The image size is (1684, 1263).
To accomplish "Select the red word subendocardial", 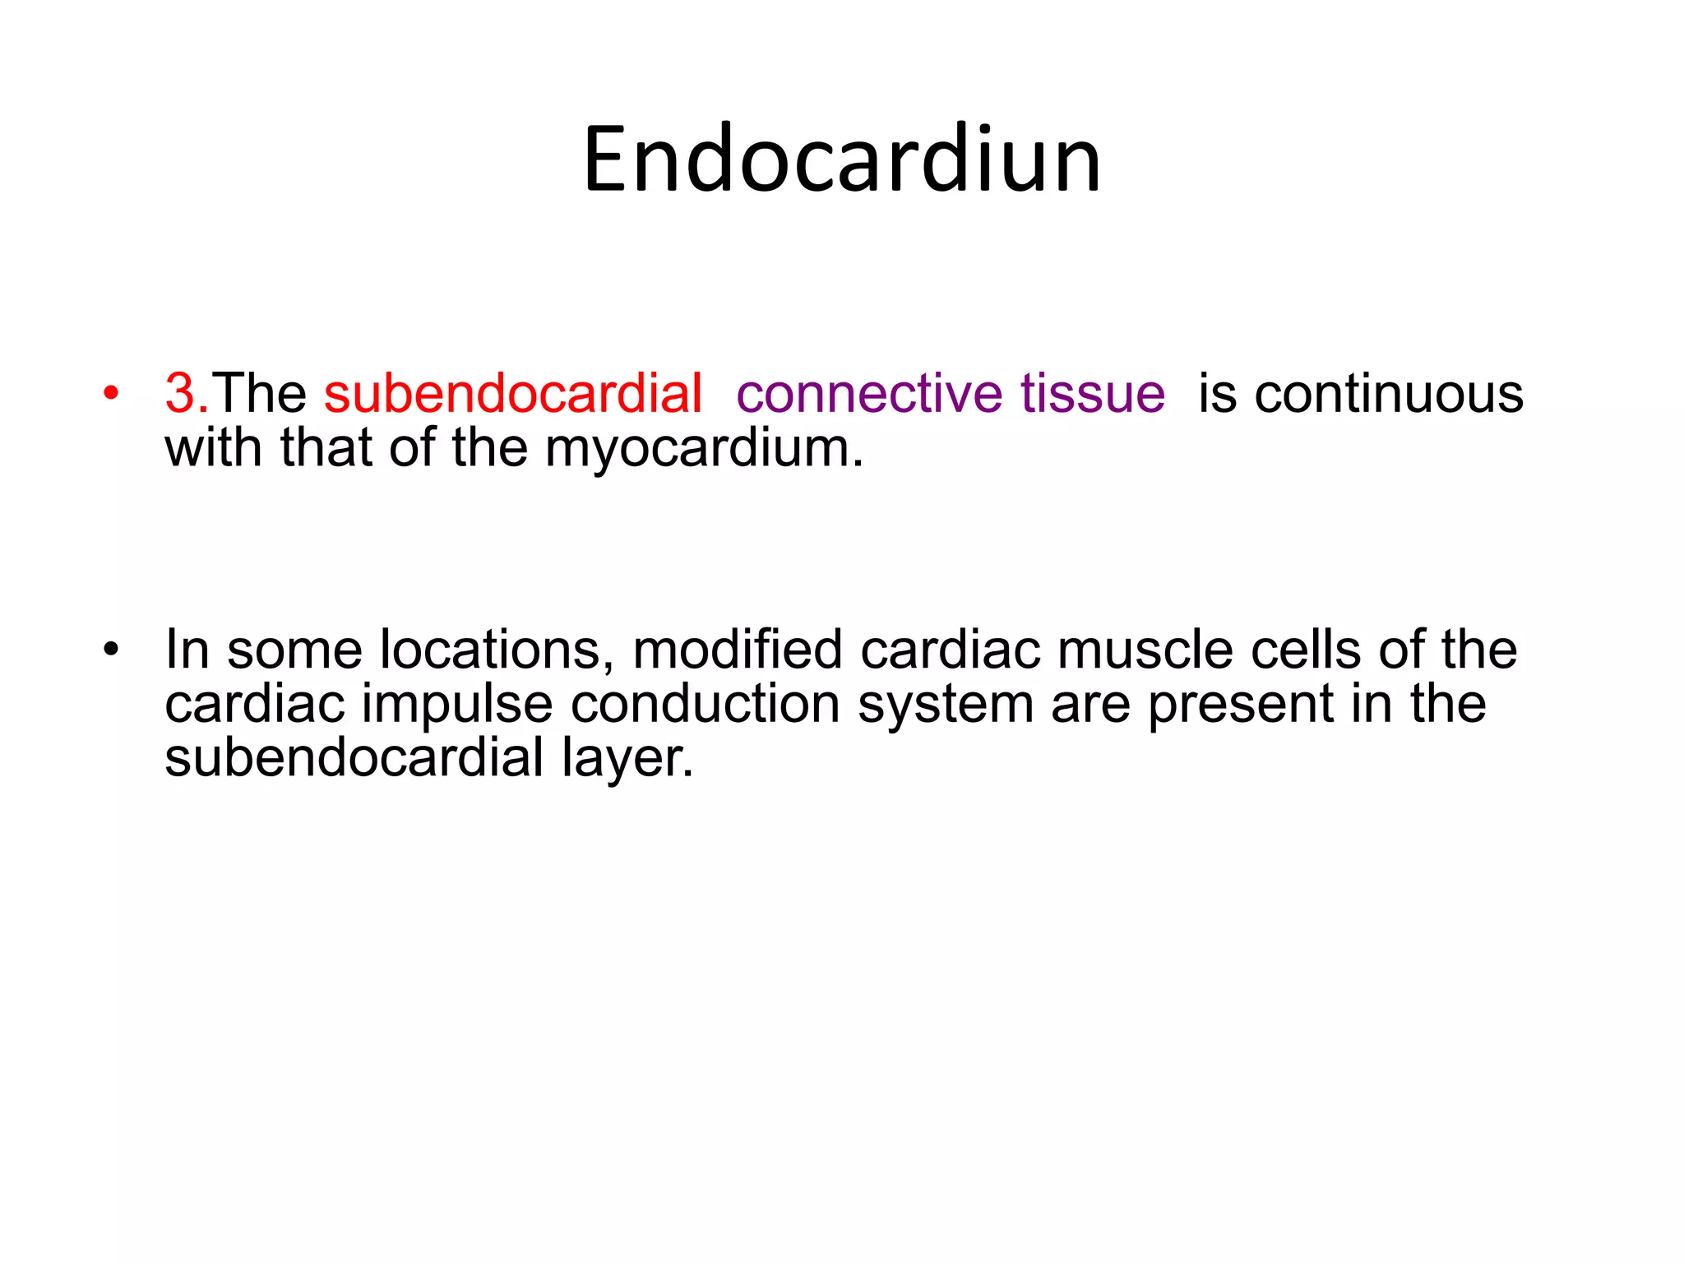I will [513, 394].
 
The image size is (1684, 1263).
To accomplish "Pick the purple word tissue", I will [1093, 394].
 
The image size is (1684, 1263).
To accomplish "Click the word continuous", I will [1389, 394].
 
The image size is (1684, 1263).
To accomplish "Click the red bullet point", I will [111, 394].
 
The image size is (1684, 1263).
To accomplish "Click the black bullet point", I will [111, 650].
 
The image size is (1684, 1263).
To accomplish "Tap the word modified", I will [738, 650].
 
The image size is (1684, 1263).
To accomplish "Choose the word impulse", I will [457, 705].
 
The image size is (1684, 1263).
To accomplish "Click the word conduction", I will [705, 705].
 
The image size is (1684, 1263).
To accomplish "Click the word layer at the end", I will [627, 759].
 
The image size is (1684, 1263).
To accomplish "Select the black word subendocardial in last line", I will [354, 757].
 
